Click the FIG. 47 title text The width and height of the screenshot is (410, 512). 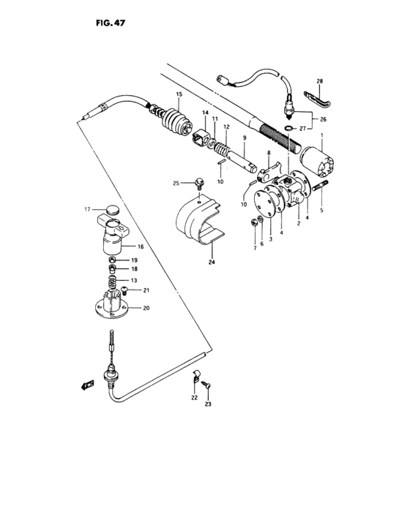[x=110, y=23]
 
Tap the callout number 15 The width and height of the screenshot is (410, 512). [x=178, y=95]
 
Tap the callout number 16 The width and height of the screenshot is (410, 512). [x=140, y=247]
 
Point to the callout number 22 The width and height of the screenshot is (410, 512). [x=194, y=397]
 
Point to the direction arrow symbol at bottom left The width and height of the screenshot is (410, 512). [x=87, y=383]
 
